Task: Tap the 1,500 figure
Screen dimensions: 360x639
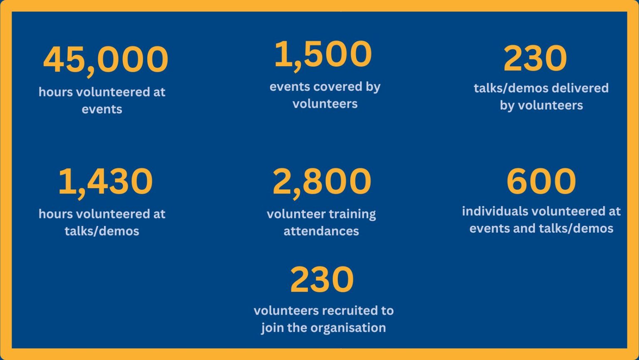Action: coord(323,54)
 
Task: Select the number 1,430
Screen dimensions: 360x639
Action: coord(105,181)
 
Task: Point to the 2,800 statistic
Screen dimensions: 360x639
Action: coord(322,181)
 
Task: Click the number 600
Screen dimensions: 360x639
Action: coord(541,181)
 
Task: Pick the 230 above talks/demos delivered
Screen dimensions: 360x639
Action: coord(535,59)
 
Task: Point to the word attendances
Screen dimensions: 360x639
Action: coord(321,231)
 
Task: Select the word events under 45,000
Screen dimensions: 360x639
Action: coord(102,109)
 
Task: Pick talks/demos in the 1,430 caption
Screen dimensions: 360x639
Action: coord(102,231)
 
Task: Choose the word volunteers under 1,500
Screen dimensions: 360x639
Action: coord(325,104)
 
